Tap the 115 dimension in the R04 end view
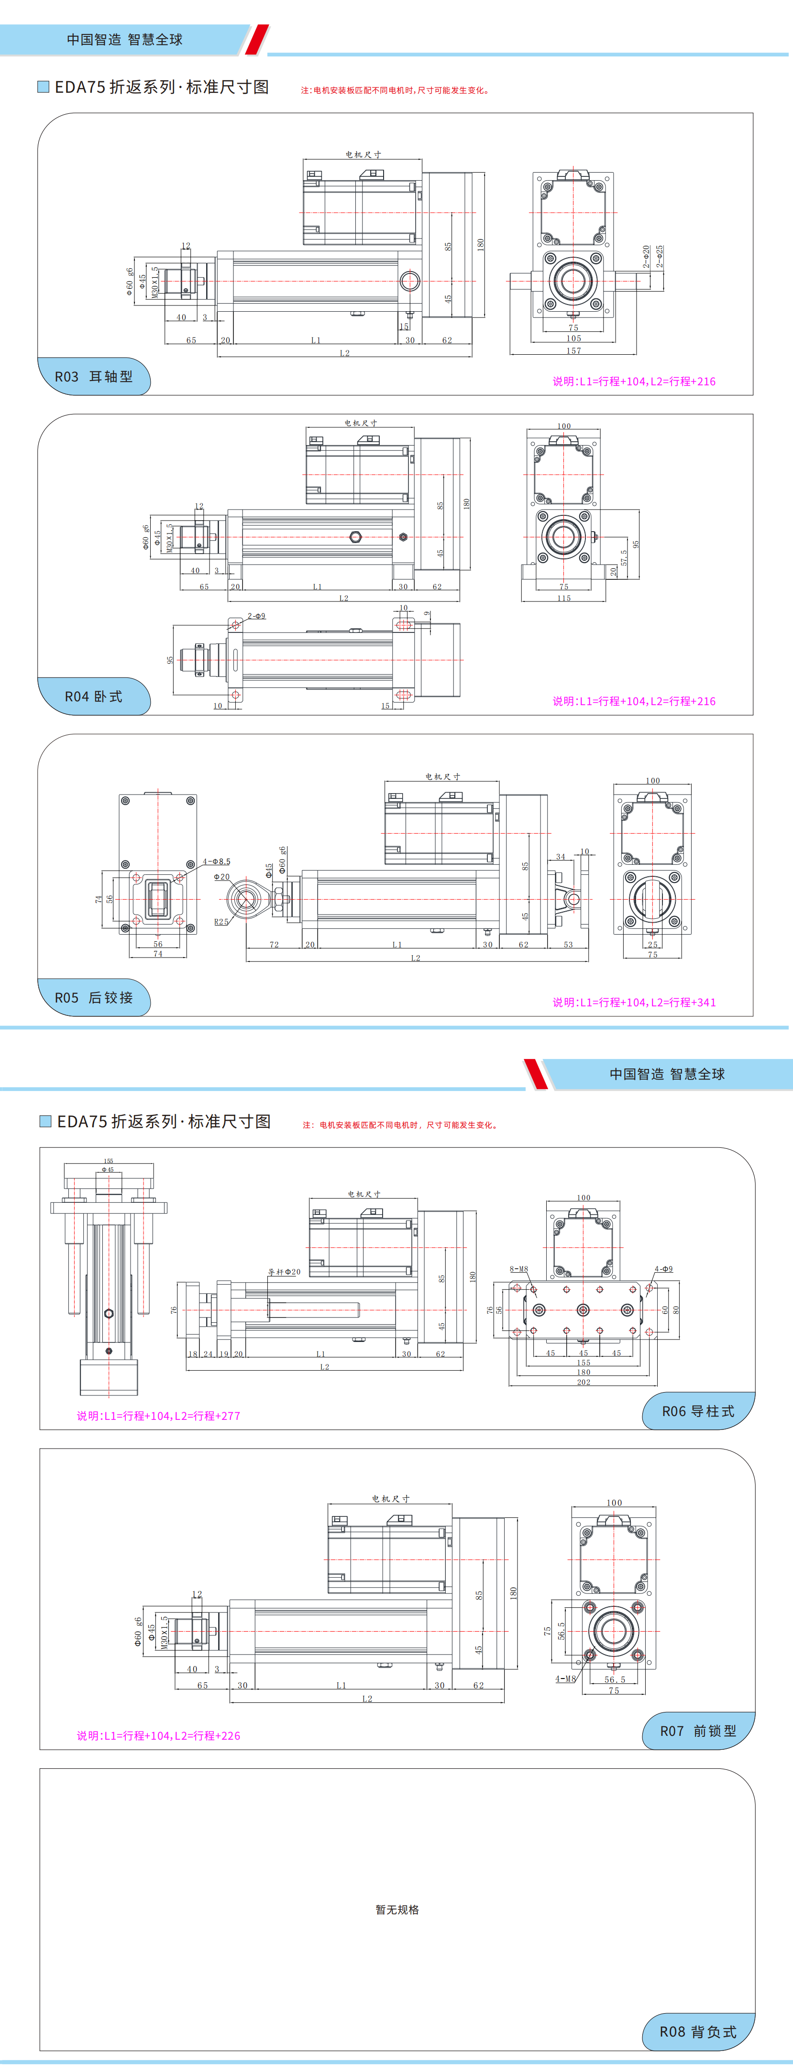click(564, 598)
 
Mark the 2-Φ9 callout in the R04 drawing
click(256, 616)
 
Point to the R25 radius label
click(221, 922)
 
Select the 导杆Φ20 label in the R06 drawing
click(284, 1272)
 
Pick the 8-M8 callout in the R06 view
click(519, 1269)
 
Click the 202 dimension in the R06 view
click(583, 1383)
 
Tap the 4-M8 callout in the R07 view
click(565, 1679)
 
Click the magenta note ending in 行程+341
click(634, 1003)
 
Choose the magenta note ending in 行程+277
click(158, 1416)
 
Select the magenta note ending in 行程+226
click(158, 1736)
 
